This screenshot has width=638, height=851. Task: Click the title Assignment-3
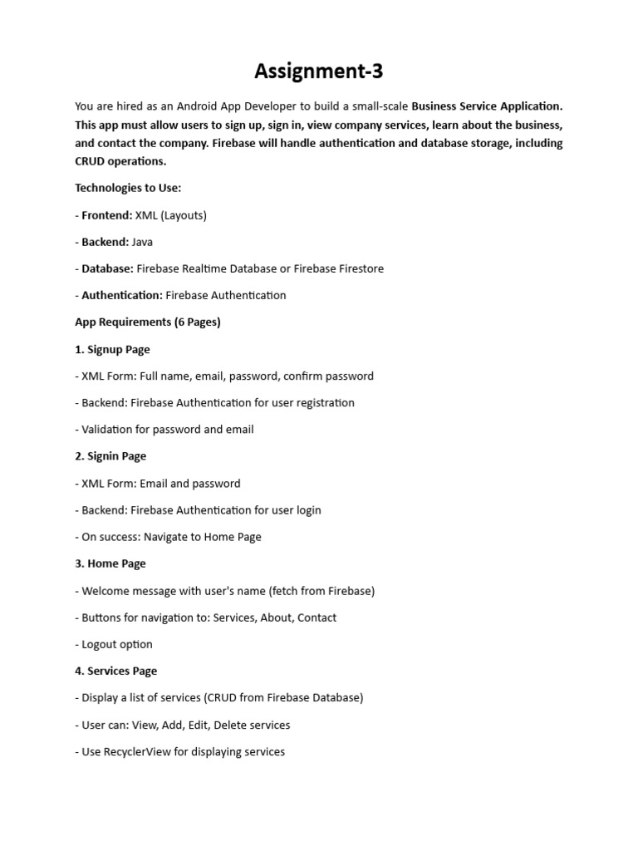tap(319, 72)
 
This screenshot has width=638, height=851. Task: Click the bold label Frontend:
tap(107, 215)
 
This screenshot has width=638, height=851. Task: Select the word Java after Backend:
tap(142, 242)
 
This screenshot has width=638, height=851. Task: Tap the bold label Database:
tap(107, 268)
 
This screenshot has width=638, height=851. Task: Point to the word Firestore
tap(358, 268)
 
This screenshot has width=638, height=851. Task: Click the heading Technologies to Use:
tap(128, 188)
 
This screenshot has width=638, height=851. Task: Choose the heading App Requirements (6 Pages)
tap(148, 322)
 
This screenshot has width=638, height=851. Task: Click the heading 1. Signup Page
tap(112, 349)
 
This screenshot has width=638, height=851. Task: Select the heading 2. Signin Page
tap(110, 456)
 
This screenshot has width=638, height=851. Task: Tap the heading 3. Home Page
tap(110, 563)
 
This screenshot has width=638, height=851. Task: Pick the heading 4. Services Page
tap(115, 671)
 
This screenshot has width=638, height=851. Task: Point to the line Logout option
tap(117, 644)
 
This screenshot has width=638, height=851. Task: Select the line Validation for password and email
tap(168, 430)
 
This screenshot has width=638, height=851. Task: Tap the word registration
tap(325, 402)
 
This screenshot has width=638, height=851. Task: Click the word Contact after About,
tap(317, 617)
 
